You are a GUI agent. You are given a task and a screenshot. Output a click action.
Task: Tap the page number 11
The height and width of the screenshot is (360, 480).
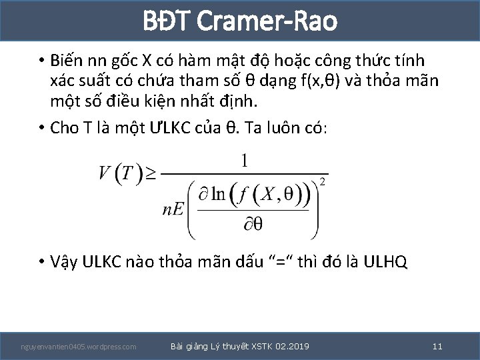tap(437, 346)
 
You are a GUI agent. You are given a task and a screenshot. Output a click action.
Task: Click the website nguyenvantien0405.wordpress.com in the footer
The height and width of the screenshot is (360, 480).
tap(79, 347)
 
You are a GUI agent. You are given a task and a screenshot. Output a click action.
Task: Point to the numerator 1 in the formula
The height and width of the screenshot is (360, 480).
tap(245, 161)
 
